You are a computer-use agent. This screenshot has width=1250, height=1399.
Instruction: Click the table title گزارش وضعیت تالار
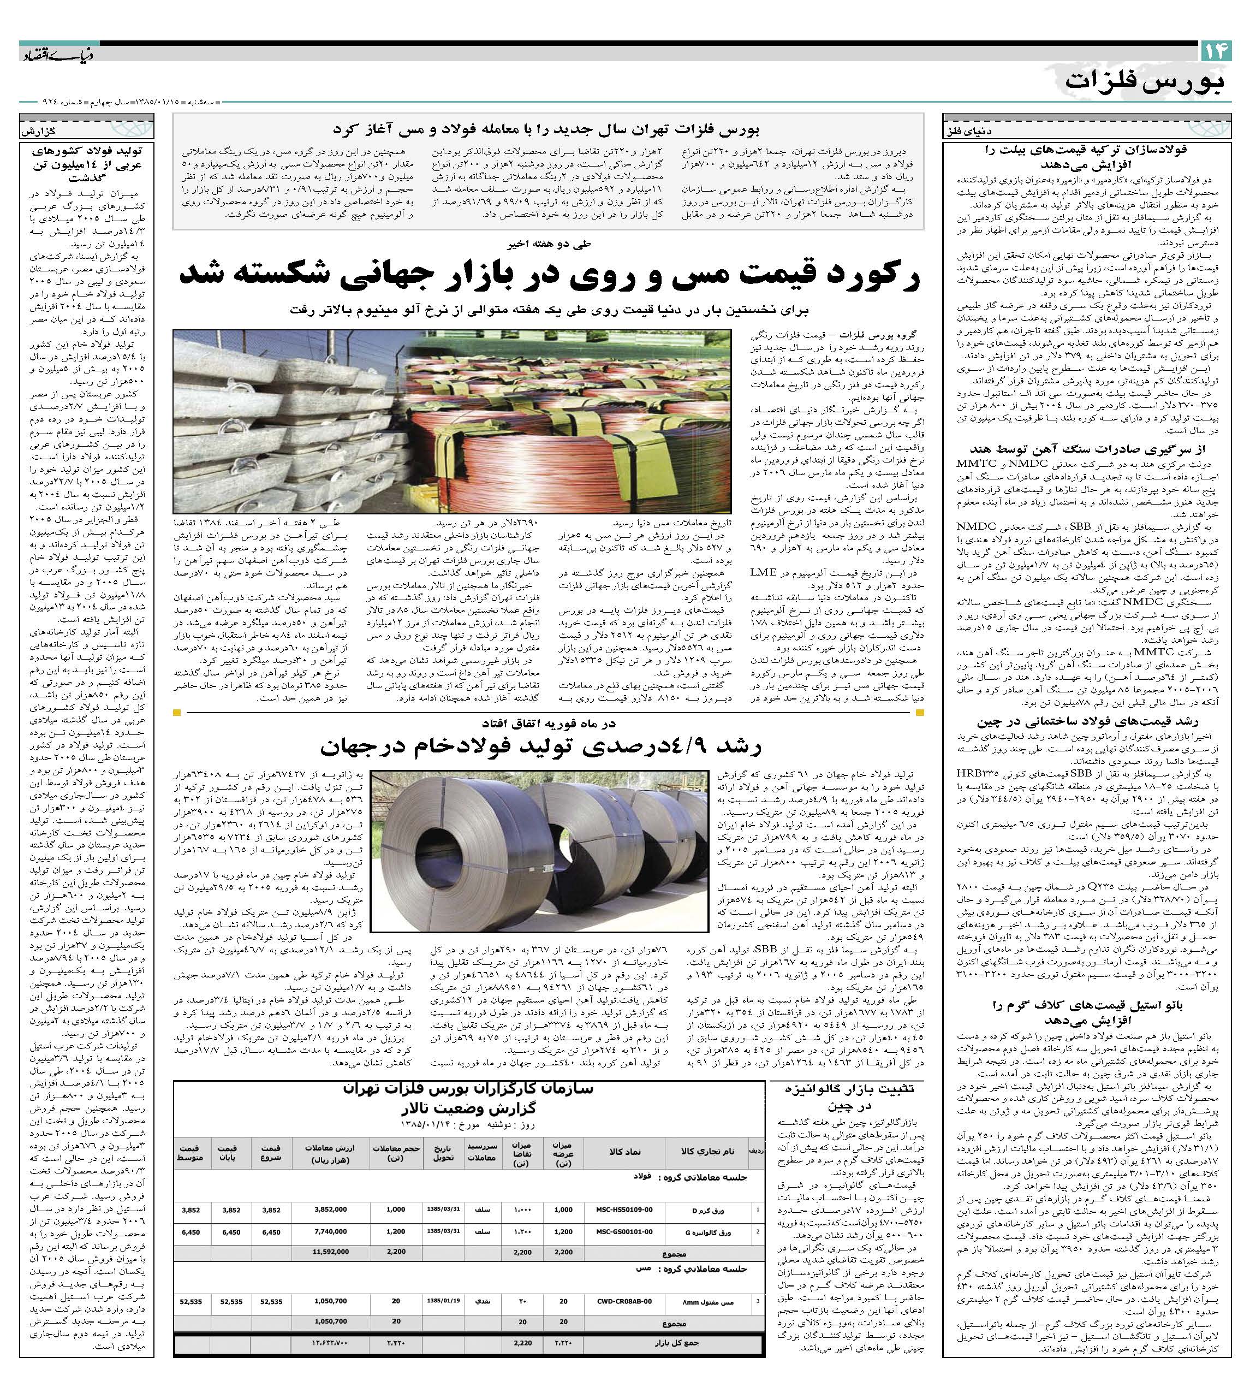click(468, 1108)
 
